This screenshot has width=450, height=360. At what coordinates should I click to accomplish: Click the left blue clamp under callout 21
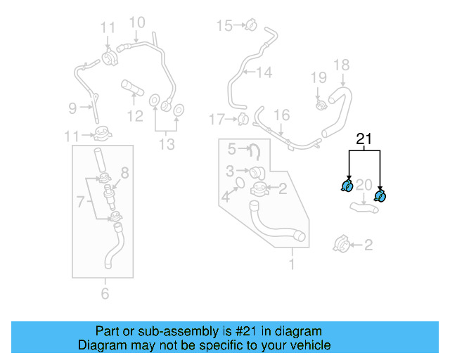tap(347, 186)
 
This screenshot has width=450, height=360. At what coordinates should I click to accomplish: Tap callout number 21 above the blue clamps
tap(364, 139)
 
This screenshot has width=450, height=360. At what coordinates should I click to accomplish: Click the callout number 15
tap(224, 26)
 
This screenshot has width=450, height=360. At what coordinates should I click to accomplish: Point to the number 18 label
tap(341, 65)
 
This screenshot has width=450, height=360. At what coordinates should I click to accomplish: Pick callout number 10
tap(136, 22)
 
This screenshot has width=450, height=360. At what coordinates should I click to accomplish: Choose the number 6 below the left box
tap(105, 293)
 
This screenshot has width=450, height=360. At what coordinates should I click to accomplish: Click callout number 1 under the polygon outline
tap(291, 265)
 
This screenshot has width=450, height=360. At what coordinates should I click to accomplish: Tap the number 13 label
tap(166, 144)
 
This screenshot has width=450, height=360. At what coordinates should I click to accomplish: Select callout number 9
tap(72, 108)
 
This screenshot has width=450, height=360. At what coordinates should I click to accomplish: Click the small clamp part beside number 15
tap(249, 26)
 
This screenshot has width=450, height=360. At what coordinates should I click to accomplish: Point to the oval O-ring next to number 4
tap(238, 184)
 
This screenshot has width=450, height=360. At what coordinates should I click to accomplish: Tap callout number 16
tap(281, 115)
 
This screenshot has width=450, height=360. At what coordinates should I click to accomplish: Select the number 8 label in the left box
tap(125, 172)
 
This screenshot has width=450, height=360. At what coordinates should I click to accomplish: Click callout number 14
tap(263, 72)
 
